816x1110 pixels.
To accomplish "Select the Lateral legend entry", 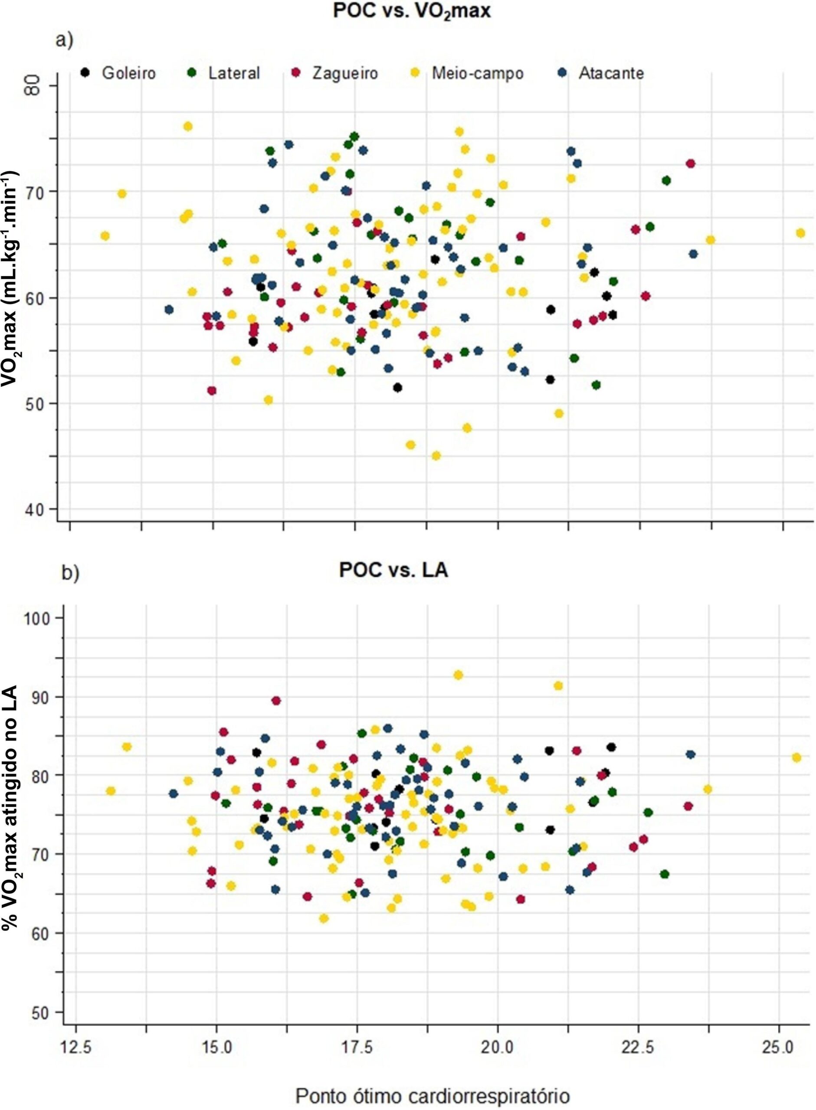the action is click(225, 73).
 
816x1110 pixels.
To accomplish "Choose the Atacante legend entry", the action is click(602, 73).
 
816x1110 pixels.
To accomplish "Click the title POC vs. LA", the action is click(393, 571).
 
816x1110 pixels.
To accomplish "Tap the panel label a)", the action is click(65, 40).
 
